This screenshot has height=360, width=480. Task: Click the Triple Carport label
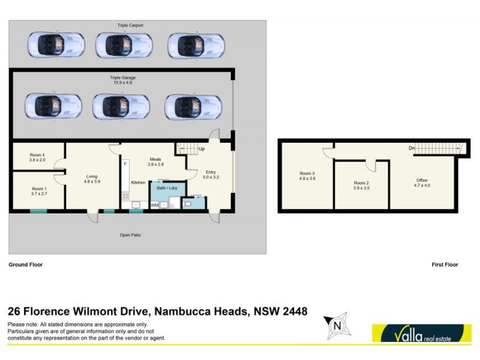tap(130, 26)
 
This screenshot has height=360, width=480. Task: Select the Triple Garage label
tap(122, 78)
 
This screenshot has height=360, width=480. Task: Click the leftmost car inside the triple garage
tap(53, 106)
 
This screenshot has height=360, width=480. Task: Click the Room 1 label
tap(40, 191)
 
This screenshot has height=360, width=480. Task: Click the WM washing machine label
tap(154, 205)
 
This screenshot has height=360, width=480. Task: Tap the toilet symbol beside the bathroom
tap(188, 204)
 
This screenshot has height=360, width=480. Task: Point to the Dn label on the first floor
tap(411, 148)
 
